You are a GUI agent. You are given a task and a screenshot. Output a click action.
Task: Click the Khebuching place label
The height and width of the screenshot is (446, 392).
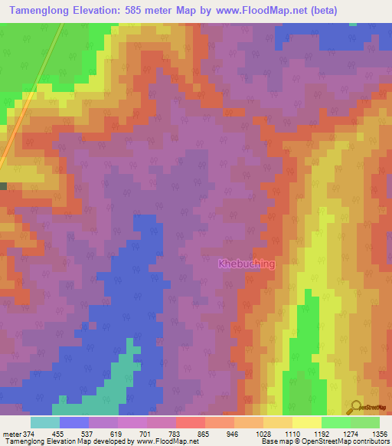[x=247, y=264]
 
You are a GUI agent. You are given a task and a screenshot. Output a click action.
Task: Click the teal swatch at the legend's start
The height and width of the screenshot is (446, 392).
[x=45, y=422]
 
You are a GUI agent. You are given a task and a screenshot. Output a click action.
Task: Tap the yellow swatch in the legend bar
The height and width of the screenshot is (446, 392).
[x=307, y=422]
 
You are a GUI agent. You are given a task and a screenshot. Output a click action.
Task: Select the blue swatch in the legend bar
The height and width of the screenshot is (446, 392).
[x=74, y=422]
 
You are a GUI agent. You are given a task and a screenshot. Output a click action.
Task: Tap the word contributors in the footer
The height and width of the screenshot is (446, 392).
[x=365, y=442]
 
